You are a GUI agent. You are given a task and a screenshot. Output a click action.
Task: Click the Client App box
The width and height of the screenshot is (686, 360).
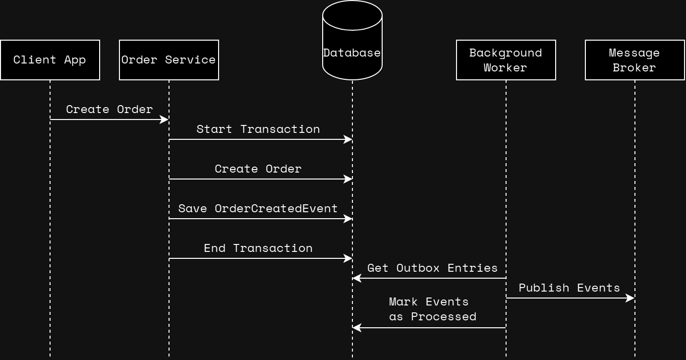50,60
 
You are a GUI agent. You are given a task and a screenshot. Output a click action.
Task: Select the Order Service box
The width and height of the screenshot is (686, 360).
169,60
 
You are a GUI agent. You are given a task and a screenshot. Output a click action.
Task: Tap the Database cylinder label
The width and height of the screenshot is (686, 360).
352,53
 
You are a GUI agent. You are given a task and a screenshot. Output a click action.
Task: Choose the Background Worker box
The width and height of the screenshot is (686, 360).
506,60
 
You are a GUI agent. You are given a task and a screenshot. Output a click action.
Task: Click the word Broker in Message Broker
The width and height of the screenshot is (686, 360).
634,67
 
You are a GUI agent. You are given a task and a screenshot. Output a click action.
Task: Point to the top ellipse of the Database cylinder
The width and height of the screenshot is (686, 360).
352,15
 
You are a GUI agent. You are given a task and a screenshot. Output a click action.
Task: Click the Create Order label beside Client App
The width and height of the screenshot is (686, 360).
109,109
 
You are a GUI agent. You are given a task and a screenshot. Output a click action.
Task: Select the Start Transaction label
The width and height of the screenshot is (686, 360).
258,129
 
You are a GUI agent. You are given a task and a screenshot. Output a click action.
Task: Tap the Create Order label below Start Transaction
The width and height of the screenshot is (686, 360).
258,169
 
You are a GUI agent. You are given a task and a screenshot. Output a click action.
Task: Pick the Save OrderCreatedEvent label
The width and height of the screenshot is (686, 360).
258,208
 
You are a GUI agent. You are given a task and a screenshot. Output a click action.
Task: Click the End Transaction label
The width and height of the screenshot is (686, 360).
258,248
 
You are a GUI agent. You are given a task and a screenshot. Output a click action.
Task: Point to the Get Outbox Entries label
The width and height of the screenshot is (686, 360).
432,268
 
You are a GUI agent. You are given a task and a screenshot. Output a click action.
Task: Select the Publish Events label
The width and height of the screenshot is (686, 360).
569,288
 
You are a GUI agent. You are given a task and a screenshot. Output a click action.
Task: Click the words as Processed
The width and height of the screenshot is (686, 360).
432,316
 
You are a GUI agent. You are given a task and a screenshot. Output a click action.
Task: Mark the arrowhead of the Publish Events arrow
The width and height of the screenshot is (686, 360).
630,298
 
